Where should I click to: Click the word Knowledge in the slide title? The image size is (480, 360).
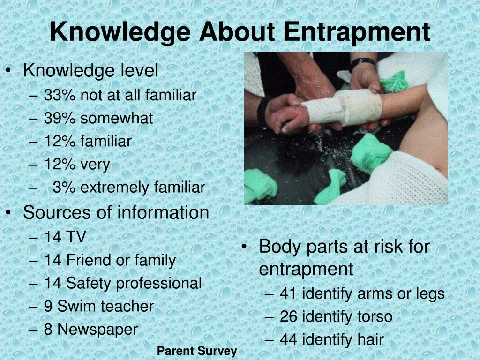(120, 32)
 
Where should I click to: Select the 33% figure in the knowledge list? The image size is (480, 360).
(60, 95)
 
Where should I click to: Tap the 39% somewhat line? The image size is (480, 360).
(98, 118)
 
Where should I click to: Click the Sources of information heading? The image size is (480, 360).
(116, 212)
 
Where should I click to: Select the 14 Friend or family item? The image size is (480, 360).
(110, 260)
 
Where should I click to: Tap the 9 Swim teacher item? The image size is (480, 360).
(99, 306)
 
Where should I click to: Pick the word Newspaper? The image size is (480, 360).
(97, 329)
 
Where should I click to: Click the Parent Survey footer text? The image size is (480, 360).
(197, 351)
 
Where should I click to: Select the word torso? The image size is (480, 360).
(374, 316)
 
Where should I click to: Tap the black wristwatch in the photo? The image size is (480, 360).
(362, 62)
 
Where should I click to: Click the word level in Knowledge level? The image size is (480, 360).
(140, 71)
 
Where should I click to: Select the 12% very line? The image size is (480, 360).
(77, 165)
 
